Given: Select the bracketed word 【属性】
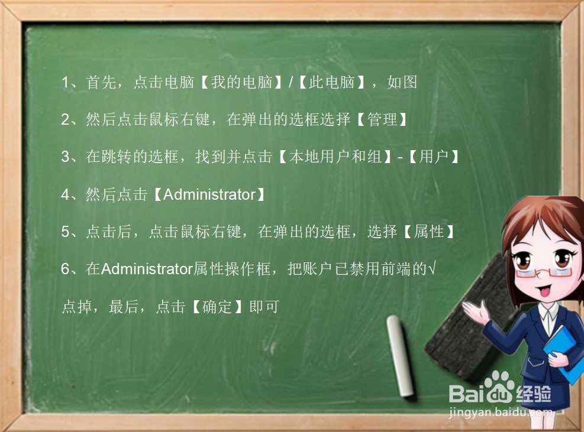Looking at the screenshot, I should (430, 232).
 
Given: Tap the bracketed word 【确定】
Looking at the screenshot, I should (217, 307).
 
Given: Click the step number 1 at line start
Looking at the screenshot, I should (66, 83).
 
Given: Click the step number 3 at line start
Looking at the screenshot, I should (66, 158).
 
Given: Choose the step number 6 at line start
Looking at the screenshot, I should (66, 269).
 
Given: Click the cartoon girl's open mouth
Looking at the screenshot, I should (543, 291).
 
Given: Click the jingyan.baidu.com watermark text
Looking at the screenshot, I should (500, 412).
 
